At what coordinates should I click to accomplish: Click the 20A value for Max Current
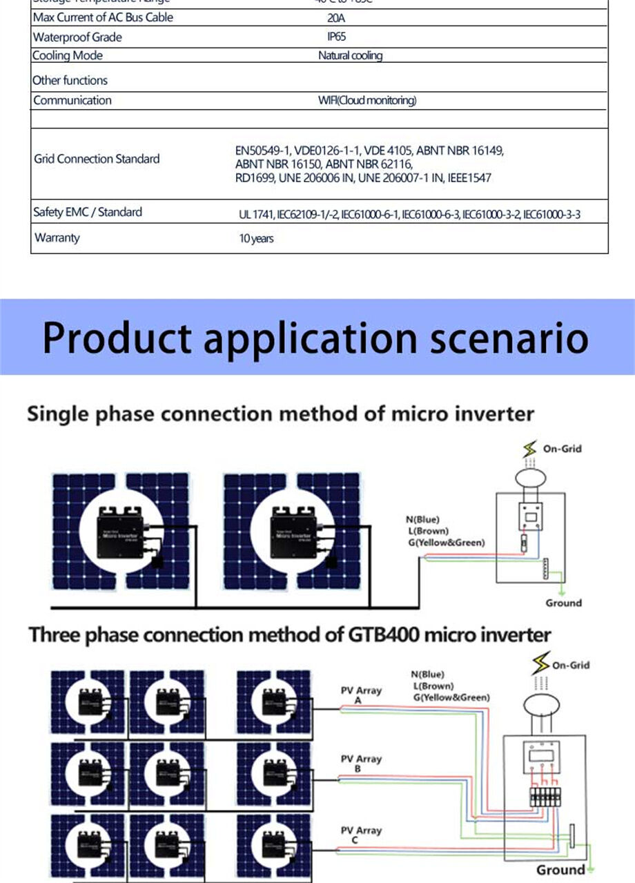pyautogui.click(x=336, y=18)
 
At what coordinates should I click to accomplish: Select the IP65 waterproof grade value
pyautogui.click(x=336, y=37)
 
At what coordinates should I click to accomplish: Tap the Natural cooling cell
pyautogui.click(x=350, y=55)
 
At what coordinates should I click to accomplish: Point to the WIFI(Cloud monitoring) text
pyautogui.click(x=367, y=101)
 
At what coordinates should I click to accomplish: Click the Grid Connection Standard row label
pyautogui.click(x=97, y=159)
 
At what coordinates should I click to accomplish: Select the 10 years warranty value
pyautogui.click(x=256, y=238)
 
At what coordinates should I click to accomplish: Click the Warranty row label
pyautogui.click(x=57, y=237)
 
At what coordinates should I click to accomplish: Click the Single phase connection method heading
pyautogui.click(x=280, y=414)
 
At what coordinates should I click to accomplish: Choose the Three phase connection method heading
pyautogui.click(x=290, y=634)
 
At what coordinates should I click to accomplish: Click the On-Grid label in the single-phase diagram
pyautogui.click(x=562, y=449)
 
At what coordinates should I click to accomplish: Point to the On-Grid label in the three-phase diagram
pyautogui.click(x=570, y=665)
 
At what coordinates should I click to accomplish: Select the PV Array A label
pyautogui.click(x=361, y=695)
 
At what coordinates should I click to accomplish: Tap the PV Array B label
pyautogui.click(x=361, y=763)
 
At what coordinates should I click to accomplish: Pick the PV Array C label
pyautogui.click(x=361, y=835)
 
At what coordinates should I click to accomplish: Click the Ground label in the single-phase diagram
pyautogui.click(x=563, y=603)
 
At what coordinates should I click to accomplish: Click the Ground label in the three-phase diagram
pyautogui.click(x=560, y=870)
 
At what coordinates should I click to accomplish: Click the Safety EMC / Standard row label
pyautogui.click(x=88, y=212)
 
